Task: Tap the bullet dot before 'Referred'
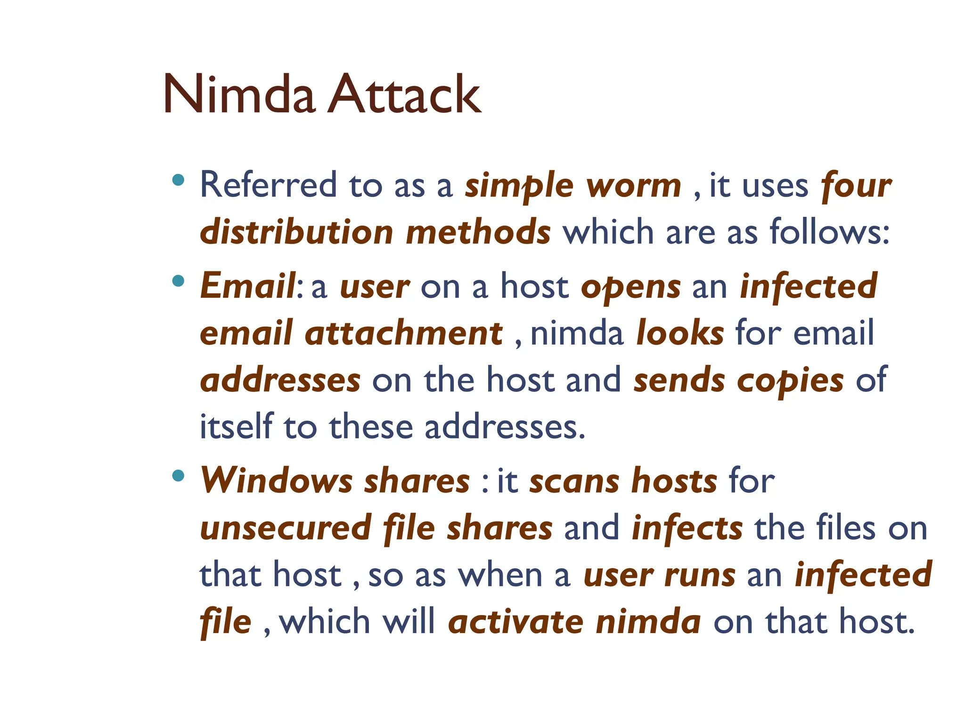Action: click(x=178, y=180)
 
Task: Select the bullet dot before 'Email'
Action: click(x=178, y=281)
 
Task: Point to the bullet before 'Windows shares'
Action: click(x=178, y=476)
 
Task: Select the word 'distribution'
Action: click(x=296, y=232)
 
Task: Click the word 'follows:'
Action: click(x=829, y=232)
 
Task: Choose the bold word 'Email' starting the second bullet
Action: click(x=248, y=286)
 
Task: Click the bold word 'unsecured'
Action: click(x=286, y=528)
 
